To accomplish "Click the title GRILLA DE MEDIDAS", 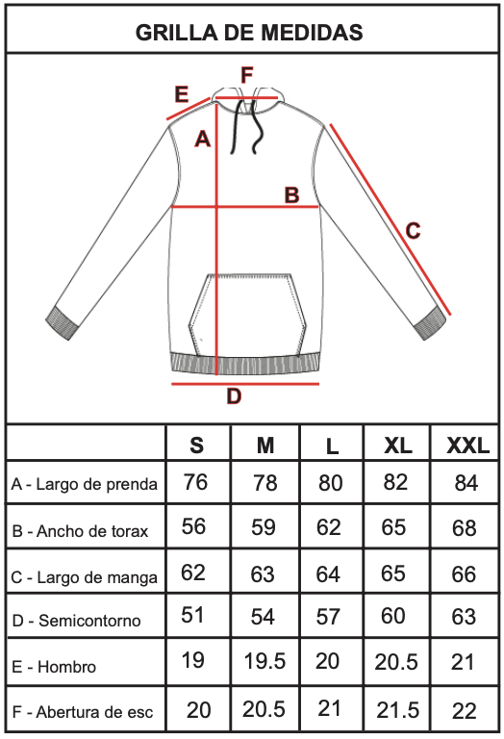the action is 249,33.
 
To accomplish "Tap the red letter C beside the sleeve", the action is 413,231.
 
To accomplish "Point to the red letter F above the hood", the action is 247,75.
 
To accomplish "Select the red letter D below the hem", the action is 234,396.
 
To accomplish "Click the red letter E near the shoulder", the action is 182,93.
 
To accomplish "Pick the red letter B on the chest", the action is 292,194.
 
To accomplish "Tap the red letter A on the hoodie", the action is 203,139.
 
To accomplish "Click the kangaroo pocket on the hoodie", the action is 248,315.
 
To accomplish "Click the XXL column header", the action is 467,445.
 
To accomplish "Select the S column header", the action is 197,445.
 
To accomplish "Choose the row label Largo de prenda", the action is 96,484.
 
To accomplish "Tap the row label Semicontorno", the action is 89,621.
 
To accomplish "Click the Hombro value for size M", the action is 265,661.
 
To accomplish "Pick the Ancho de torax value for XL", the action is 393,527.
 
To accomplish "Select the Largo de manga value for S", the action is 193,573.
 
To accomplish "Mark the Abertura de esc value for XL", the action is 397,710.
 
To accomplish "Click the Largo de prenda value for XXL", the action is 466,483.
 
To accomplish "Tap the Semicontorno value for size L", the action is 328,617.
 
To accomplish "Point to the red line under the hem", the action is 245,384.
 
